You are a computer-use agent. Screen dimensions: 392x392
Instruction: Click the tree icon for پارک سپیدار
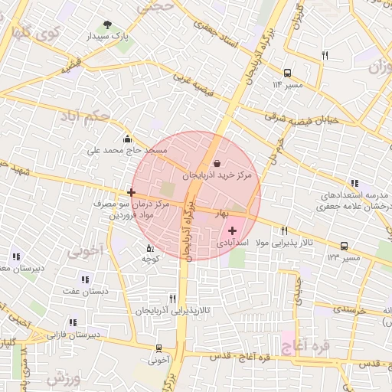(x=107, y=24)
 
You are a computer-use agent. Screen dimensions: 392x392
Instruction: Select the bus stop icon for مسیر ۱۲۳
(x=345, y=246)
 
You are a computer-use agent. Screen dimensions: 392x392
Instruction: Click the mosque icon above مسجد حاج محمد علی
(x=127, y=139)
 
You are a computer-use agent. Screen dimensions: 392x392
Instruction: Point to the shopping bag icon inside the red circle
(x=216, y=163)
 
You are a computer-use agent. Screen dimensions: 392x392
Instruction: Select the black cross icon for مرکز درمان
(x=132, y=191)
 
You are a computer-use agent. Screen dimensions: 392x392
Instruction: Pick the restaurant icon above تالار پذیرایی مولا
(x=284, y=230)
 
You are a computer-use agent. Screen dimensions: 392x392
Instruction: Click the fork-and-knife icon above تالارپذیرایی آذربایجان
(x=171, y=298)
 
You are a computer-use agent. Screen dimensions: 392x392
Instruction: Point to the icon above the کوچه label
(x=149, y=247)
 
